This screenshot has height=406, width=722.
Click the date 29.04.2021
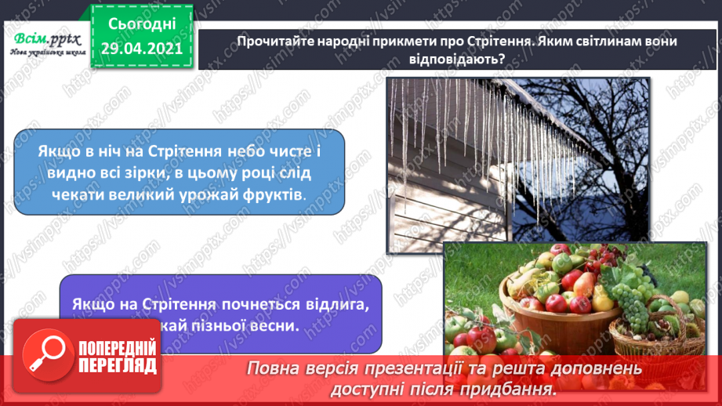pos(141,48)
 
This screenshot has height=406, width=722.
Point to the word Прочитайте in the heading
pos(270,41)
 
